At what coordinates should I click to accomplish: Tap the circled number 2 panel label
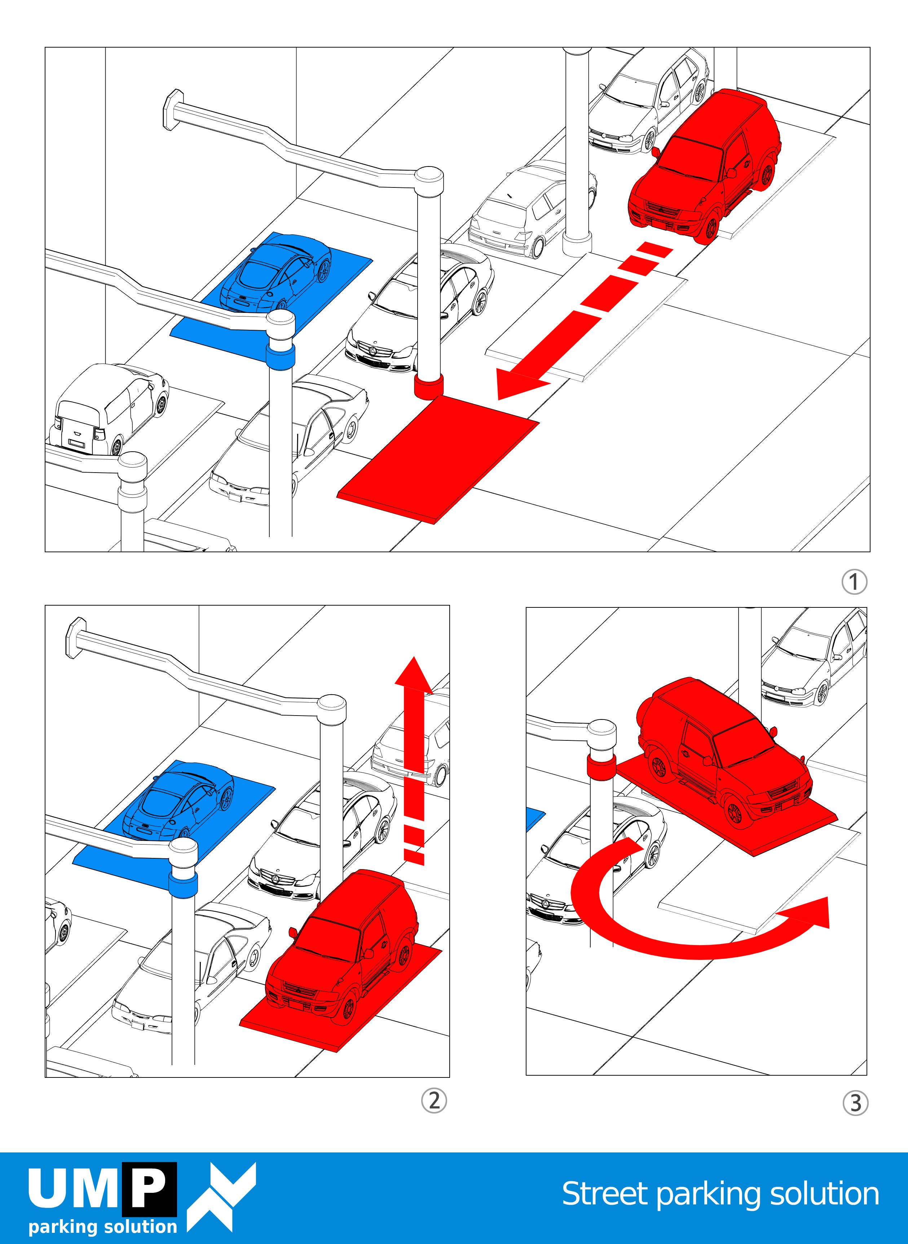pyautogui.click(x=434, y=1101)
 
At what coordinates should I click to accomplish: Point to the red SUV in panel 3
pyautogui.click(x=720, y=753)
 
